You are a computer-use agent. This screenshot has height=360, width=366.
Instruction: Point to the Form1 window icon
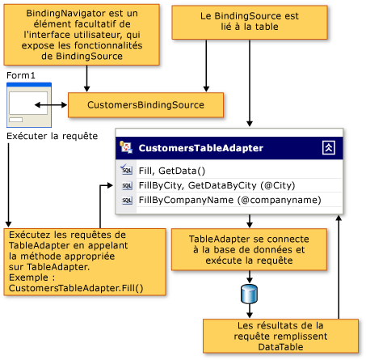coord(29,104)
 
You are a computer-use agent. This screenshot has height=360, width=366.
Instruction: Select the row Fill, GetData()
coord(173,170)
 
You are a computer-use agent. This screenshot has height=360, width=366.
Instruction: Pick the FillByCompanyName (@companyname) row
coord(229,200)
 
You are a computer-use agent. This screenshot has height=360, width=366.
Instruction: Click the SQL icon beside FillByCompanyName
coord(127,200)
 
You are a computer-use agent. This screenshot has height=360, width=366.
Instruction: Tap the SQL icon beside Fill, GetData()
coord(127,170)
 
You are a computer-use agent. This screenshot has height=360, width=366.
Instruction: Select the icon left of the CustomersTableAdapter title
coord(127,148)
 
